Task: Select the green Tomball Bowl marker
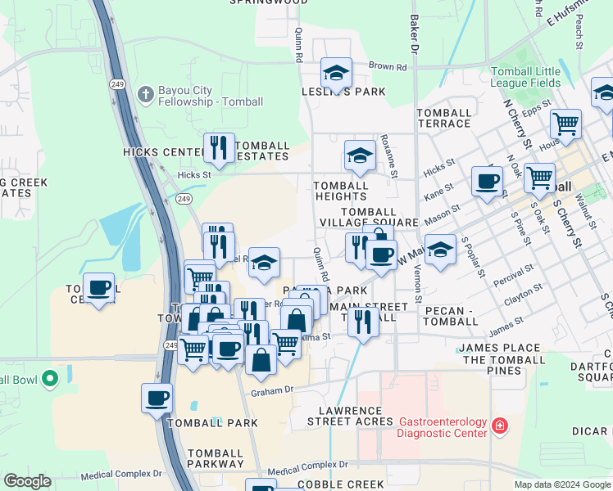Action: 49,379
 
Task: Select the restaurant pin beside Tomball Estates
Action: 219,148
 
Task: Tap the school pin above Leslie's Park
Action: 336,74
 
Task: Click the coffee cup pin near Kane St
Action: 488,181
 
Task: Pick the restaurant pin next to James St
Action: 363,322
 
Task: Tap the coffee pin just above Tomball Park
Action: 157,399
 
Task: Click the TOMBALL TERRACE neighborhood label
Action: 444,118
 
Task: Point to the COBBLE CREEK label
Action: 340,484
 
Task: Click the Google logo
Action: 27,481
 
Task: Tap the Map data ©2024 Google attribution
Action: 561,484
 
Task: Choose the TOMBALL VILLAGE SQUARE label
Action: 369,217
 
